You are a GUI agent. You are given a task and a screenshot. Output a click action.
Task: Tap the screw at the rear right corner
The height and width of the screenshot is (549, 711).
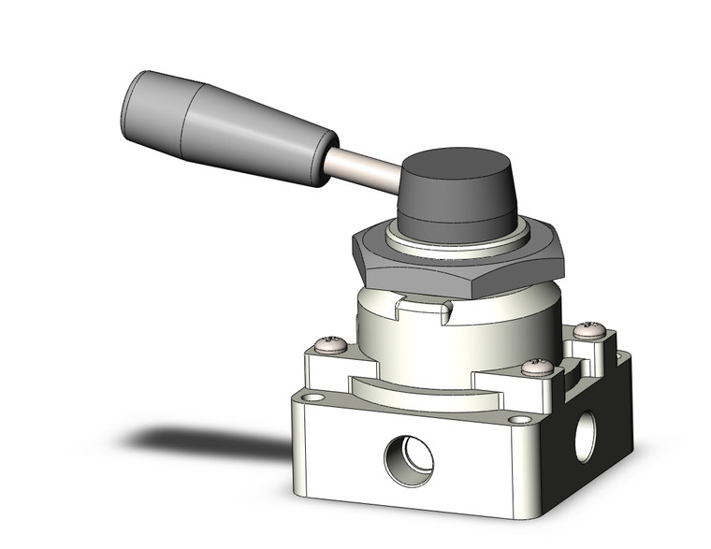click(589, 329)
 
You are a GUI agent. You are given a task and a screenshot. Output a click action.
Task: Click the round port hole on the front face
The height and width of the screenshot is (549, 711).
click(409, 459)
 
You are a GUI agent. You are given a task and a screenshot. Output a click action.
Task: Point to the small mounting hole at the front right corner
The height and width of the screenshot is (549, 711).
click(515, 419)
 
